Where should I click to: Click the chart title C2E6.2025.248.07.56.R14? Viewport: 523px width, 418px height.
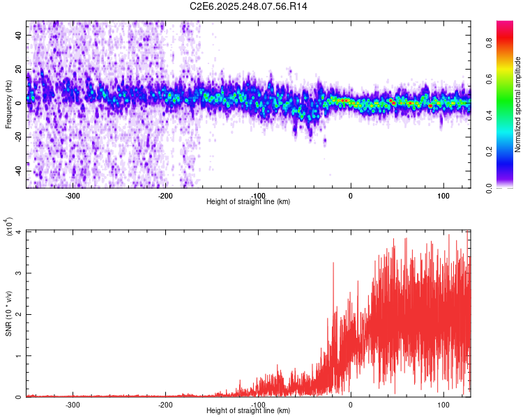point(249,6)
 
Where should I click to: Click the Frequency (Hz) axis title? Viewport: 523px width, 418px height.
point(9,104)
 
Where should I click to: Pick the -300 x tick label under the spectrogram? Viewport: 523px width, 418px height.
point(73,195)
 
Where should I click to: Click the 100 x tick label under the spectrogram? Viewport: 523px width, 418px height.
point(443,195)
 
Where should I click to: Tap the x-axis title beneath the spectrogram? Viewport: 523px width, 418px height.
point(249,202)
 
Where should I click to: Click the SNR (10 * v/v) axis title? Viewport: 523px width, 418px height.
point(9,313)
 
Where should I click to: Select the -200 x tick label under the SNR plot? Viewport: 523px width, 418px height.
point(165,404)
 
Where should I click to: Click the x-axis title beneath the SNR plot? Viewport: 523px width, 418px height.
point(249,411)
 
